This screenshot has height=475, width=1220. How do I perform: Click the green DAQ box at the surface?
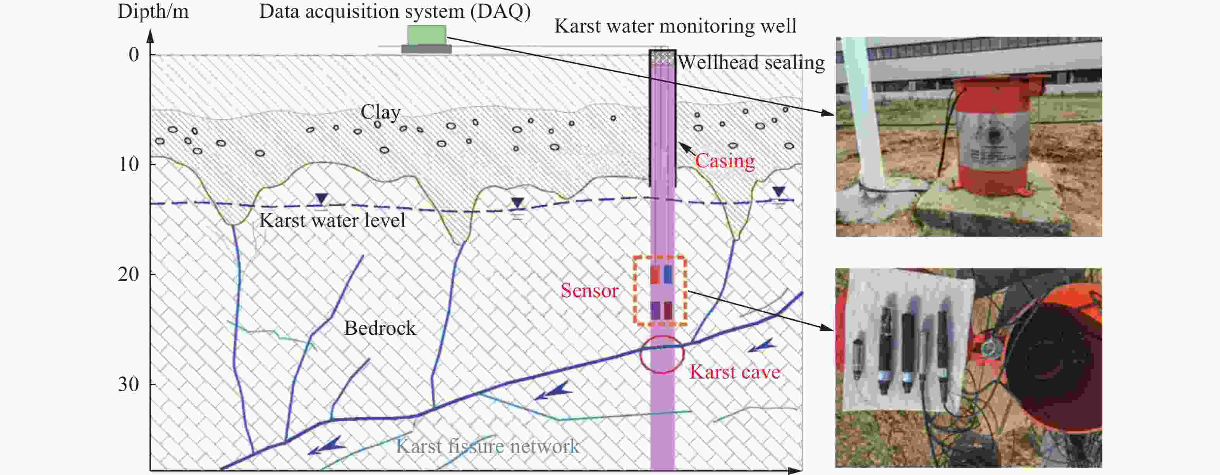pyautogui.click(x=426, y=35)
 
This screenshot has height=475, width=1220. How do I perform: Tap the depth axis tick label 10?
pyautogui.click(x=129, y=164)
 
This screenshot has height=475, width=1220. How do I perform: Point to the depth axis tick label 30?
pyautogui.click(x=129, y=384)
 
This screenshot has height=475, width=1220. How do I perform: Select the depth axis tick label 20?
pyautogui.click(x=129, y=274)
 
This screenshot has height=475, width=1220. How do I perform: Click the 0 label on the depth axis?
pyautogui.click(x=134, y=55)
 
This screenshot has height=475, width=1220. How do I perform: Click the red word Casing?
pyautogui.click(x=725, y=161)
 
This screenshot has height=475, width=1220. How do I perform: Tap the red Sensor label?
pyautogui.click(x=589, y=290)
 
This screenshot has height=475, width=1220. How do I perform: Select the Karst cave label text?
pyautogui.click(x=735, y=372)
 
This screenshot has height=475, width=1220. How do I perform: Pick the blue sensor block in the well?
pyautogui.click(x=668, y=274)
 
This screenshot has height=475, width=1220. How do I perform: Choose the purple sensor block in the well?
pyautogui.click(x=655, y=311)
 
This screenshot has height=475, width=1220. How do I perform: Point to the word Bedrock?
pyautogui.click(x=380, y=328)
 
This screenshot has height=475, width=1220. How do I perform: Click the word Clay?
pyautogui.click(x=380, y=112)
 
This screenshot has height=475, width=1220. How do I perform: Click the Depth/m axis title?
pyautogui.click(x=153, y=11)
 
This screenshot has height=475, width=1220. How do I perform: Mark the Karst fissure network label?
pyautogui.click(x=487, y=446)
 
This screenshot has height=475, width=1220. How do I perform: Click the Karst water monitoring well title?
pyautogui.click(x=675, y=26)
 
